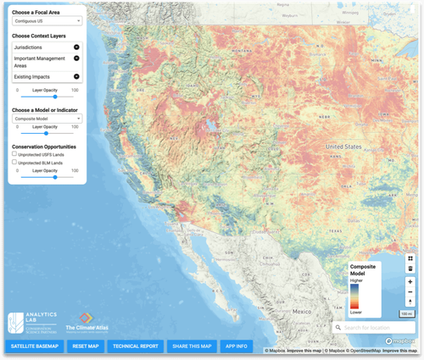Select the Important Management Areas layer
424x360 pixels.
coord(38,63)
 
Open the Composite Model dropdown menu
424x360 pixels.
coord(47,119)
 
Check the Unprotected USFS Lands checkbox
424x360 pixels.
coord(14,153)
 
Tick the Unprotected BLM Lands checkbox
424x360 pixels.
coord(14,161)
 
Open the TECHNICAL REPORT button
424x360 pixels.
coord(136,346)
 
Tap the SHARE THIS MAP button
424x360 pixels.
coord(191,346)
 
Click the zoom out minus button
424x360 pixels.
coord(410,291)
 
